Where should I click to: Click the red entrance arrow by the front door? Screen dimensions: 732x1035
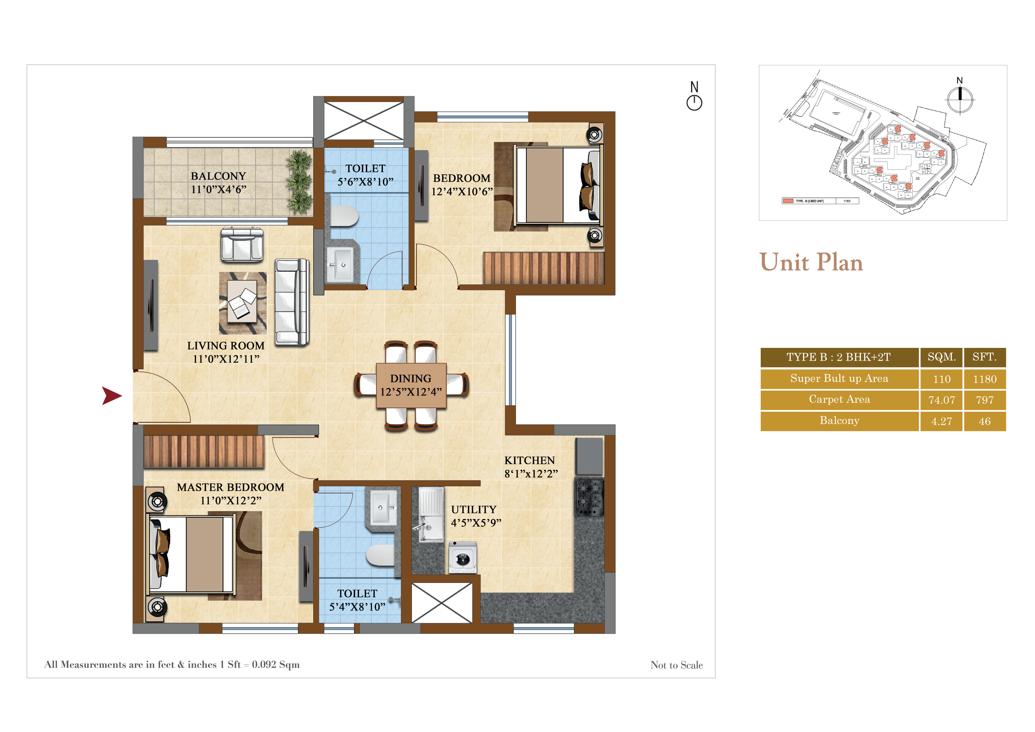111,396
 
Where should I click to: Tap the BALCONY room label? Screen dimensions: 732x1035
218,176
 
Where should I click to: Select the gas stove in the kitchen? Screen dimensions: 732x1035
589,497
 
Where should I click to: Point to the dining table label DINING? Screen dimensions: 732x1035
410,378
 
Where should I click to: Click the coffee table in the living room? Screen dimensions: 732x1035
242,301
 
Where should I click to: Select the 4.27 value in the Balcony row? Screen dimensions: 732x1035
941,421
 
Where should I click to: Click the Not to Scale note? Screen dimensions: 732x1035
676,665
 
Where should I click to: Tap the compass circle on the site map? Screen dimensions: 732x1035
960,99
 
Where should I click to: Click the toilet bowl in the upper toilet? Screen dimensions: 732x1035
344,216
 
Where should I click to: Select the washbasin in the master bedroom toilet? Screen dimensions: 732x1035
383,508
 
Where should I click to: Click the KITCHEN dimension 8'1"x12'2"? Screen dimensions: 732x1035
531,474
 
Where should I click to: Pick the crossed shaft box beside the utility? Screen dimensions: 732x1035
442,603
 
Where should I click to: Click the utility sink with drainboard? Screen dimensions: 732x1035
431,514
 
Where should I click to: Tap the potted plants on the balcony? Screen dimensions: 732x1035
299,182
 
